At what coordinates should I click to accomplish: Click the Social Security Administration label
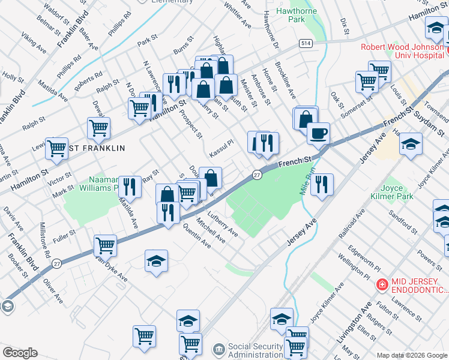click(x=255, y=350)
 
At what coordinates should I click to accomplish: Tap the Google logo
click(x=20, y=352)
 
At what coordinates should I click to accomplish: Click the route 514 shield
click(x=306, y=44)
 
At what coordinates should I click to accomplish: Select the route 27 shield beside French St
click(x=256, y=175)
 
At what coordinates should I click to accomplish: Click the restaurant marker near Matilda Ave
click(x=130, y=187)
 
